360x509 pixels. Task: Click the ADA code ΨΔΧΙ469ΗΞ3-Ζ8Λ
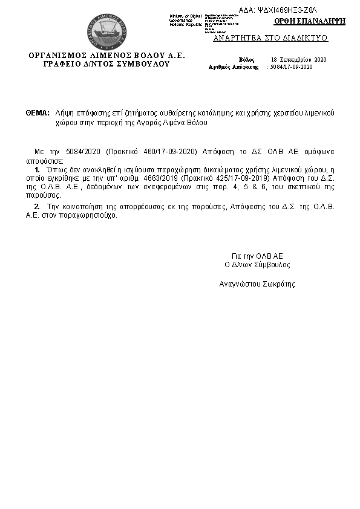(x=290, y=11)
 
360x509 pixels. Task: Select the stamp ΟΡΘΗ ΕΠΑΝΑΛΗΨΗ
(x=309, y=21)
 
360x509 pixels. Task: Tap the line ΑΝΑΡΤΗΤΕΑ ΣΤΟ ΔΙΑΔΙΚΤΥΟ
(x=270, y=37)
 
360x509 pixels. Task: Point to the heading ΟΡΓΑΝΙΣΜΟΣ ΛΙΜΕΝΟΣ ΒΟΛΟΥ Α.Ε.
(x=107, y=55)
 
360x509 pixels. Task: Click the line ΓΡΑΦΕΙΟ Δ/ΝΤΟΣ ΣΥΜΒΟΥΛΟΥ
(x=106, y=63)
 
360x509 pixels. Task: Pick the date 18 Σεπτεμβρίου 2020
(x=298, y=60)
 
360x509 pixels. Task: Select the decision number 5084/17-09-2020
(x=292, y=67)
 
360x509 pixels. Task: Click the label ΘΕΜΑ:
(x=38, y=113)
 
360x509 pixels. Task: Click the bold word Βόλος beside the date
(x=246, y=60)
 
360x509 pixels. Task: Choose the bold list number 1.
(x=37, y=171)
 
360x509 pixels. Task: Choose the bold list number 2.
(x=37, y=207)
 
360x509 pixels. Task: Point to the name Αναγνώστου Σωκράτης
(x=257, y=283)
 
